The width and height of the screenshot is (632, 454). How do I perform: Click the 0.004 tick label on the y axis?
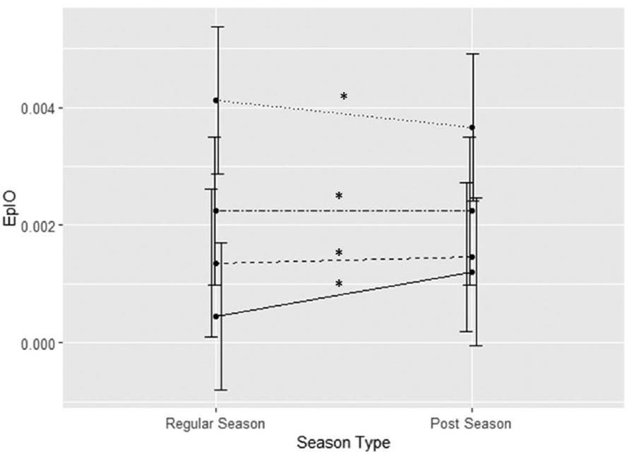[x=33, y=108]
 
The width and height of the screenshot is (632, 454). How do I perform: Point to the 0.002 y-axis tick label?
[x=33, y=225]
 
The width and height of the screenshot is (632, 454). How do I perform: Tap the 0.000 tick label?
[x=33, y=343]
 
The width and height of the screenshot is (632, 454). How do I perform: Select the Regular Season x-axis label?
[x=215, y=424]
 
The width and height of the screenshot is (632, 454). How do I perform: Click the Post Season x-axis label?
[x=471, y=424]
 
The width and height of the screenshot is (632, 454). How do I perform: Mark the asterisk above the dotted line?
[x=344, y=97]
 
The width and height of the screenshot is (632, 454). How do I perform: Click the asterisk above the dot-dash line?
[x=339, y=196]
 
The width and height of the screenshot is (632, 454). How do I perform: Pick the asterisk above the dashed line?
[x=339, y=253]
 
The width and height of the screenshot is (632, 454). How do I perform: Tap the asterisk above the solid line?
[x=339, y=285]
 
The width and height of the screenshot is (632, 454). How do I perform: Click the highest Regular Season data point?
[x=216, y=100]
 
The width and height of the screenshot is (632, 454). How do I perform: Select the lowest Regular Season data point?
[x=216, y=316]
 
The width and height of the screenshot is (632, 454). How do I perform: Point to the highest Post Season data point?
[x=472, y=128]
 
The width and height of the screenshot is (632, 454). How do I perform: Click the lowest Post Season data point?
[x=472, y=272]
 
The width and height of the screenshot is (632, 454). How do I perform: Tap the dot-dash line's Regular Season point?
[x=216, y=211]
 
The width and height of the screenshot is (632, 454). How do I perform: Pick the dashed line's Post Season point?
[x=472, y=257]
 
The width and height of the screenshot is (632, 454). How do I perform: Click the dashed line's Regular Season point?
[x=216, y=263]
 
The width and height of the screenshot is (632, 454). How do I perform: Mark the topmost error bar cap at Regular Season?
[x=219, y=27]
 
